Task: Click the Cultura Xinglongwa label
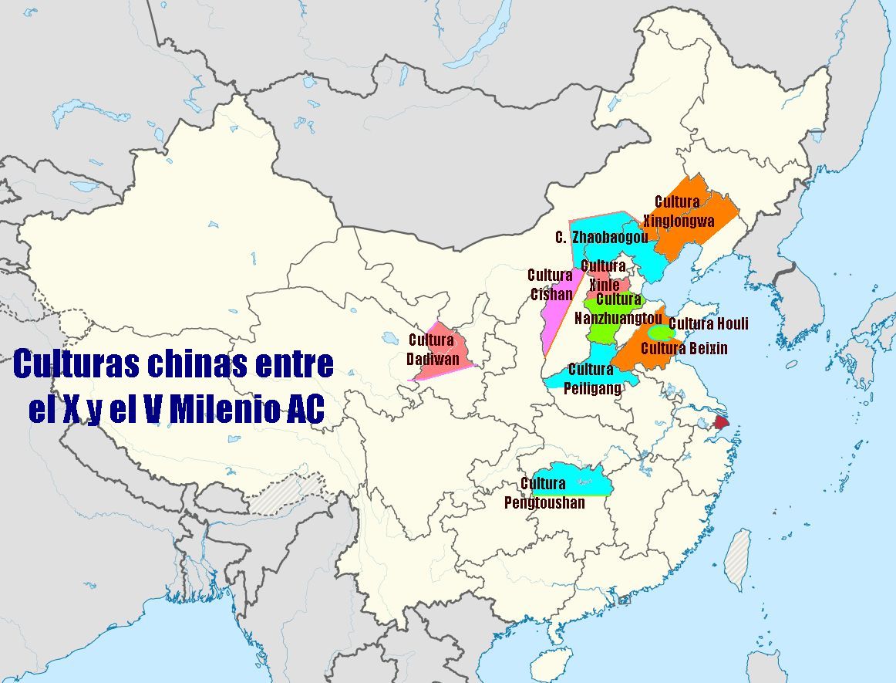point(679,211)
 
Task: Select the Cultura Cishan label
point(551,284)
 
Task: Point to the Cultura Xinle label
point(604,275)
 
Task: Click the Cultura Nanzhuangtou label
point(618,308)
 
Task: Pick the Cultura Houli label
point(708,323)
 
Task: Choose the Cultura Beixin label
point(684,349)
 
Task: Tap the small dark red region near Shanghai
point(721,422)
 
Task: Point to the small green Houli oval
point(659,333)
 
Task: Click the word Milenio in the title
point(225,410)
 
